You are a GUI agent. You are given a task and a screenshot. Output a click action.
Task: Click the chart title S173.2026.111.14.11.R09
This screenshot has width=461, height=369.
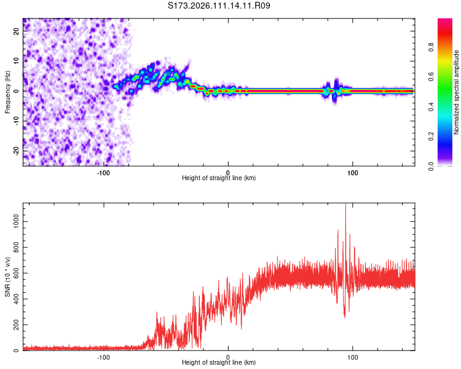pos(219,6)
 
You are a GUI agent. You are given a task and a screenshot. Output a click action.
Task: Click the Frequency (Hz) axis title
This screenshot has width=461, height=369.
pos(7,92)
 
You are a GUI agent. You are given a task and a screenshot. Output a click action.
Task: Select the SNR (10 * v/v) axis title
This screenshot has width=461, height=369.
pos(7,277)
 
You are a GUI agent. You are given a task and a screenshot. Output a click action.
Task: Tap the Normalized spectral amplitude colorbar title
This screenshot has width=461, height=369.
pos(457,92)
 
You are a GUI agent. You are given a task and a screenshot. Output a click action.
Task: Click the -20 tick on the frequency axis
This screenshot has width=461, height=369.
pos(16,150)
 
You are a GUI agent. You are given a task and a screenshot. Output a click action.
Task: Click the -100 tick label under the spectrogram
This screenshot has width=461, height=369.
pos(103,172)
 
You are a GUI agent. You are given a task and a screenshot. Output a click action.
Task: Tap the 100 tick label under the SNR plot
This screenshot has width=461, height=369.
pos(353,357)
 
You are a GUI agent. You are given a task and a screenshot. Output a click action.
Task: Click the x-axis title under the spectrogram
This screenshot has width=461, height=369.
pos(219,178)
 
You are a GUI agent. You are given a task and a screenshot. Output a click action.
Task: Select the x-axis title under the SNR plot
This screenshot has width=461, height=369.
pos(219,363)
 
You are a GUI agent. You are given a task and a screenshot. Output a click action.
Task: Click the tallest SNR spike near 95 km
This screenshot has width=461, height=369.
pos(345,205)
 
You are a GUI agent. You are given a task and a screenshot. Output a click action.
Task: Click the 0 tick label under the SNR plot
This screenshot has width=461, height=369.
pos(228,357)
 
